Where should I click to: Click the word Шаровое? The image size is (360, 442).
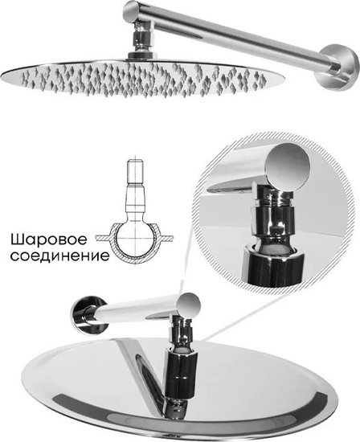(x=48, y=240)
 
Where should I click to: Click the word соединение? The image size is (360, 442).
(x=60, y=256)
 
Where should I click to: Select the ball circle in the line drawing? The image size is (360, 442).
(x=136, y=240)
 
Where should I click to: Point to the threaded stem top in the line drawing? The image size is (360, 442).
(x=136, y=172)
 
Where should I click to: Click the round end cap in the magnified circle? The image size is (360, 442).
(x=288, y=166)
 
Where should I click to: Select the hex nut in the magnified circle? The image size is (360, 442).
(x=272, y=220)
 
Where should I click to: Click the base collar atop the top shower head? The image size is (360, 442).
(x=141, y=55)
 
